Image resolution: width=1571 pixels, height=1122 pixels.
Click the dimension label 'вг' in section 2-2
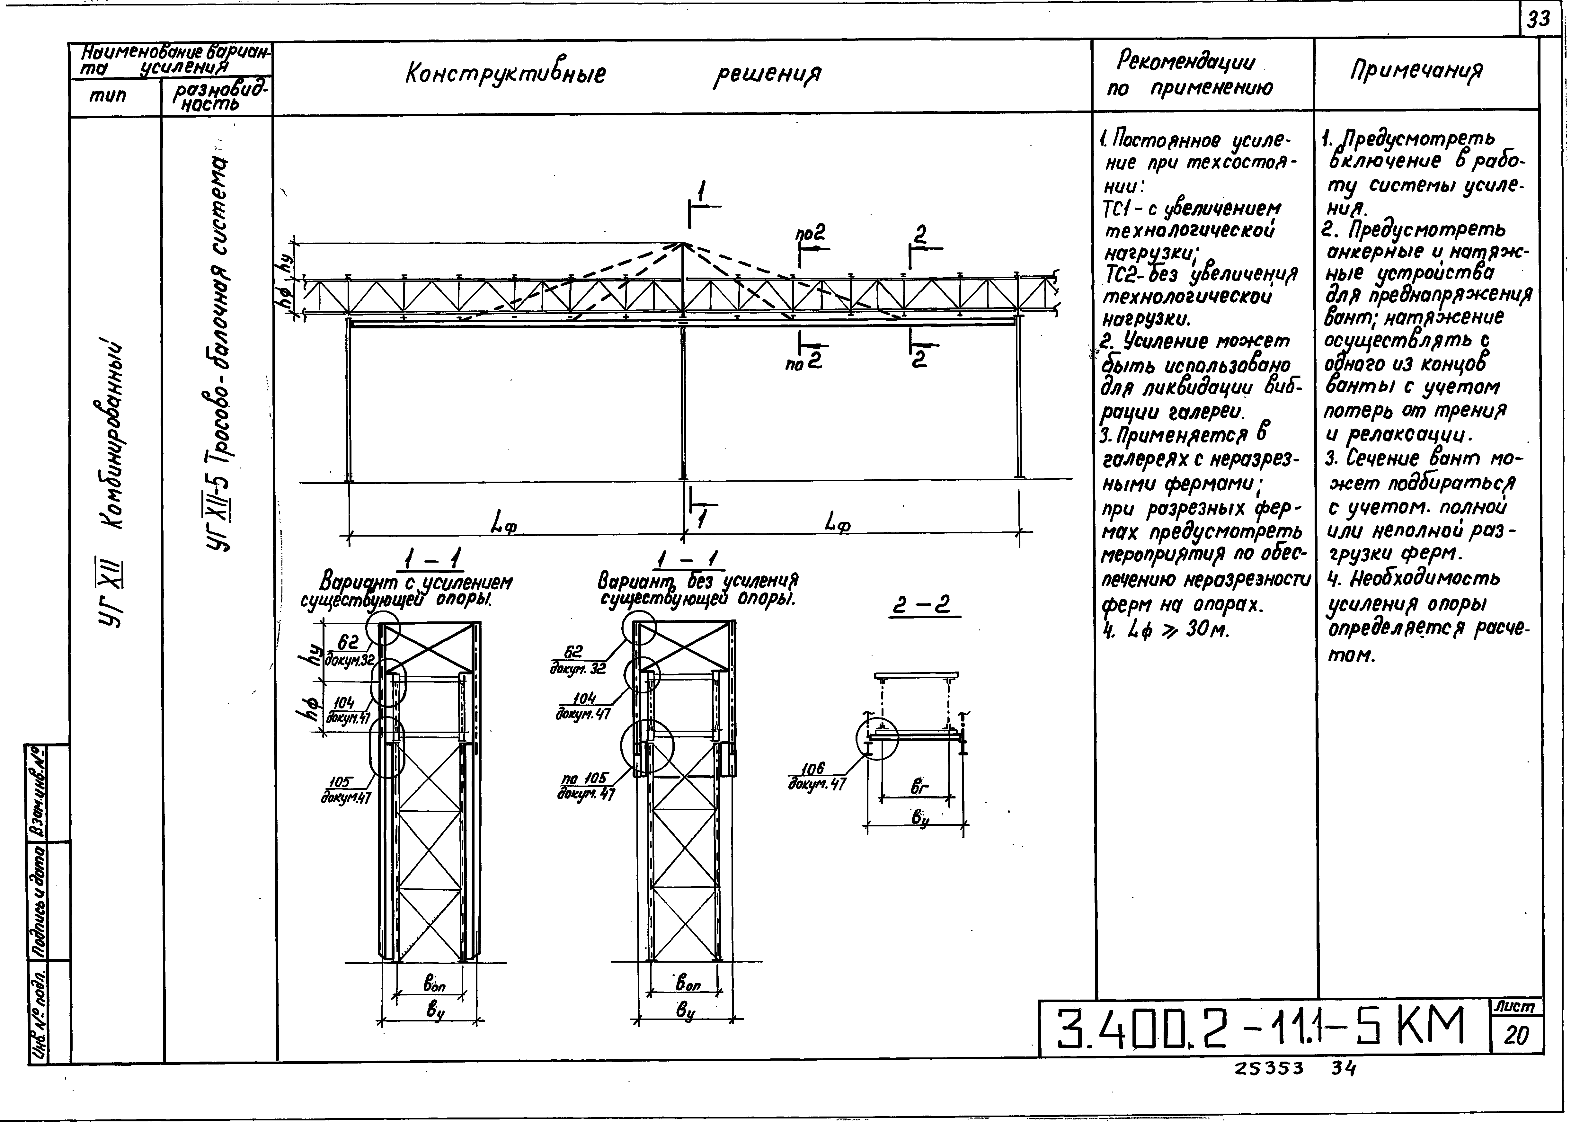click(919, 786)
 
